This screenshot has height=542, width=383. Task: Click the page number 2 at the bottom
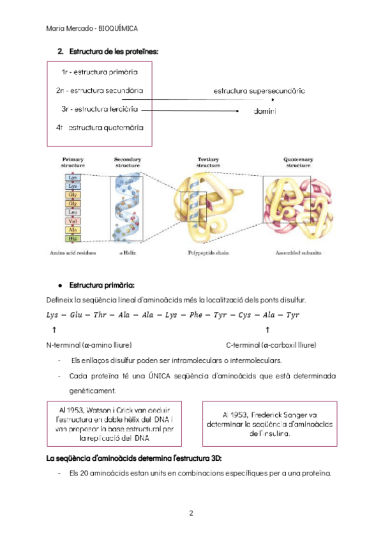click(191, 513)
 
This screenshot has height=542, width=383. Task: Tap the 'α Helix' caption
click(126, 254)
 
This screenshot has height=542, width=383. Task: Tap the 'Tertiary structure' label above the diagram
click(209, 162)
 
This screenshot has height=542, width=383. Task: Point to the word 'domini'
click(264, 111)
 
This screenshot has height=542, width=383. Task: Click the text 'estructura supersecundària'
click(259, 91)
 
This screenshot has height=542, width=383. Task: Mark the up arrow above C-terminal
click(267, 330)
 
